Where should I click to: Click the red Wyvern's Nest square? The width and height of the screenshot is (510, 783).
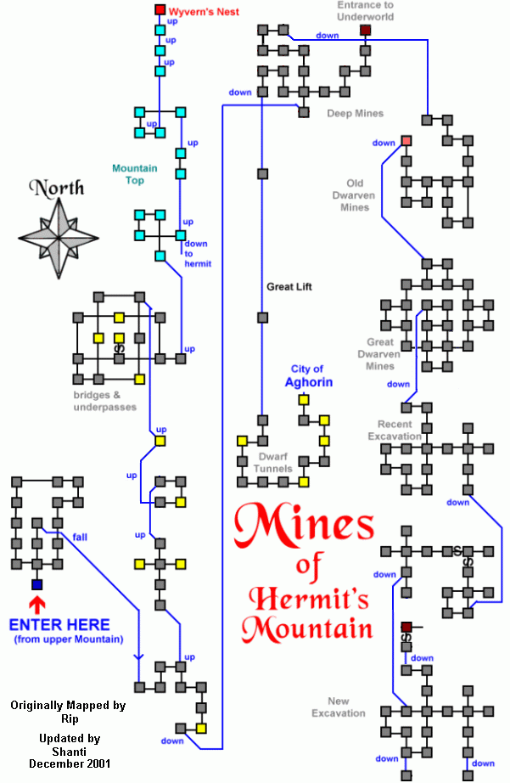point(160,10)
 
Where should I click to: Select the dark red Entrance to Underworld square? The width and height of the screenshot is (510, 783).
point(365,31)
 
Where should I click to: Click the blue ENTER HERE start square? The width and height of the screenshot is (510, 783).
point(36,584)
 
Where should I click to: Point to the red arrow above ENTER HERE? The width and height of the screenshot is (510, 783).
point(36,606)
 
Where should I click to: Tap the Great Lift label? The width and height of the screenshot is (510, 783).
point(289,287)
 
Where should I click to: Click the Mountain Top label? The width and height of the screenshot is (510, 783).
point(134,174)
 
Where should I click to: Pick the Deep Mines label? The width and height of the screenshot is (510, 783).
point(355,113)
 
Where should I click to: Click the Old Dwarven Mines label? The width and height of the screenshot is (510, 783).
point(354,195)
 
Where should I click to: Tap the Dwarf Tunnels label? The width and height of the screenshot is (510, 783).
point(275,462)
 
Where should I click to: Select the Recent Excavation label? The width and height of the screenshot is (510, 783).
point(395,430)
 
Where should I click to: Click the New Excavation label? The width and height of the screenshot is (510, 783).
point(338,707)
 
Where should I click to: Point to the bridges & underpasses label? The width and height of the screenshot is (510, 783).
point(104,401)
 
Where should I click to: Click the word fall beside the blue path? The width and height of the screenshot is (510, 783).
point(80,537)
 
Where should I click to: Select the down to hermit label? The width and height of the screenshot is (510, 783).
point(197,253)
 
